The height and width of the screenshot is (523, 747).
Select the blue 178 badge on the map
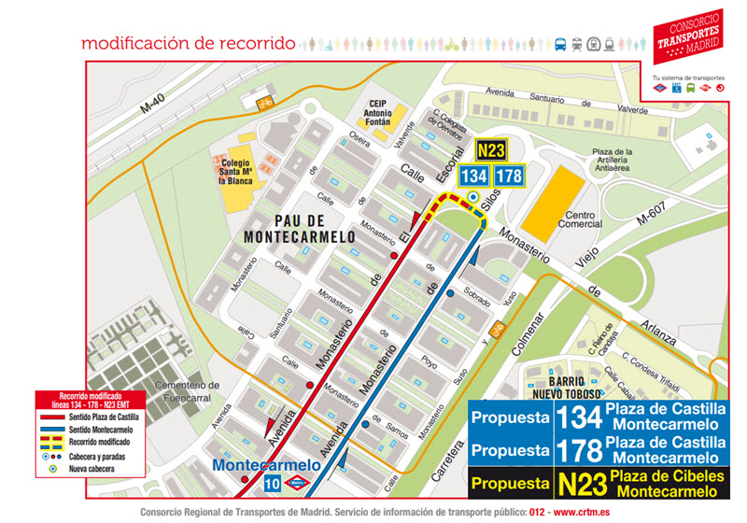pyautogui.click(x=509, y=176)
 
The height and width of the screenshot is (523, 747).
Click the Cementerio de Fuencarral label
pyautogui.click(x=187, y=390)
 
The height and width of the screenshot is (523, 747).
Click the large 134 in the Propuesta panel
pyautogui.click(x=578, y=417)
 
